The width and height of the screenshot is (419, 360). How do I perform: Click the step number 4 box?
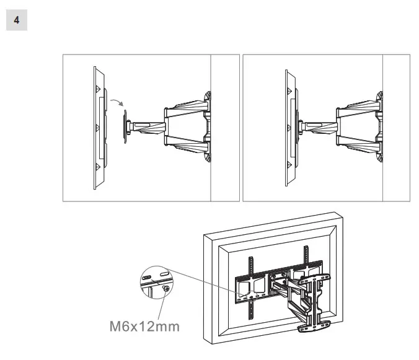click(17, 20)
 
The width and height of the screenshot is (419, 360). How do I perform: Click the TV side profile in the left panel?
click(99, 127)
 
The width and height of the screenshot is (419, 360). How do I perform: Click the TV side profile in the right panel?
click(289, 127)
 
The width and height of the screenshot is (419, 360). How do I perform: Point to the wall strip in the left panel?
click(224, 127)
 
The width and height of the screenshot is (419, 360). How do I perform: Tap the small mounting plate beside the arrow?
click(126, 127)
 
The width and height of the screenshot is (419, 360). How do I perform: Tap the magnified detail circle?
click(156, 282)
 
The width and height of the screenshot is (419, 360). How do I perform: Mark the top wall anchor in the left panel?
click(208, 97)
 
